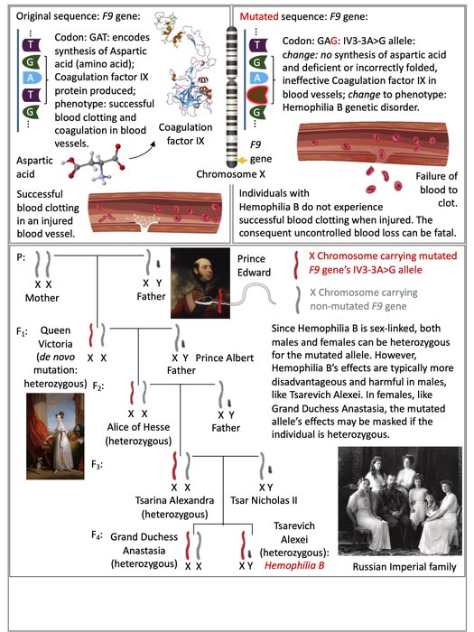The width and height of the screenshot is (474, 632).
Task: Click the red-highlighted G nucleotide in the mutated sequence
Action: click(257, 95)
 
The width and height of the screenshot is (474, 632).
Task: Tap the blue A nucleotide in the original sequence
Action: click(31, 79)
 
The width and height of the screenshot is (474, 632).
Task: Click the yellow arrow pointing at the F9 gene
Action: click(242, 161)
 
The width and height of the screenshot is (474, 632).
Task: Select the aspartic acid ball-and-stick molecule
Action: click(94, 163)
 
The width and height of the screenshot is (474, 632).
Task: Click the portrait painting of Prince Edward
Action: click(200, 283)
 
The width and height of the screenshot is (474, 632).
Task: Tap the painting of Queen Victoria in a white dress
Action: click(55, 436)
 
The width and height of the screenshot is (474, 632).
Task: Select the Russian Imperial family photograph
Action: click(400, 501)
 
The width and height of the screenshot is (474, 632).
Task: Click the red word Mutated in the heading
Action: click(259, 16)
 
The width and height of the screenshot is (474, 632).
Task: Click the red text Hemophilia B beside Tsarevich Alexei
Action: click(294, 565)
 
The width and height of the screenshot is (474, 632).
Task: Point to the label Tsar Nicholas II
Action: click(264, 500)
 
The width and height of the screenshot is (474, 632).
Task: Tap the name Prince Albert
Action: click(225, 358)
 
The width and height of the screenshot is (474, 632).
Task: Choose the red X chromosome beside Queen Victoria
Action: click(91, 335)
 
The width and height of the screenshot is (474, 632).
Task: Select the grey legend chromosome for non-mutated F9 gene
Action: click(297, 301)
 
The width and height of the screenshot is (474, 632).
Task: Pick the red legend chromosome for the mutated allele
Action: click(296, 265)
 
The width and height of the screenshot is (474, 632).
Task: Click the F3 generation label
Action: click(97, 464)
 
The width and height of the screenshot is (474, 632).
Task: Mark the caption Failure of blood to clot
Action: click(436, 190)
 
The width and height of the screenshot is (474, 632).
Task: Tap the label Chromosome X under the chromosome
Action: click(230, 174)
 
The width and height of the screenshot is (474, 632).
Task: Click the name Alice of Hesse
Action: click(138, 427)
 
